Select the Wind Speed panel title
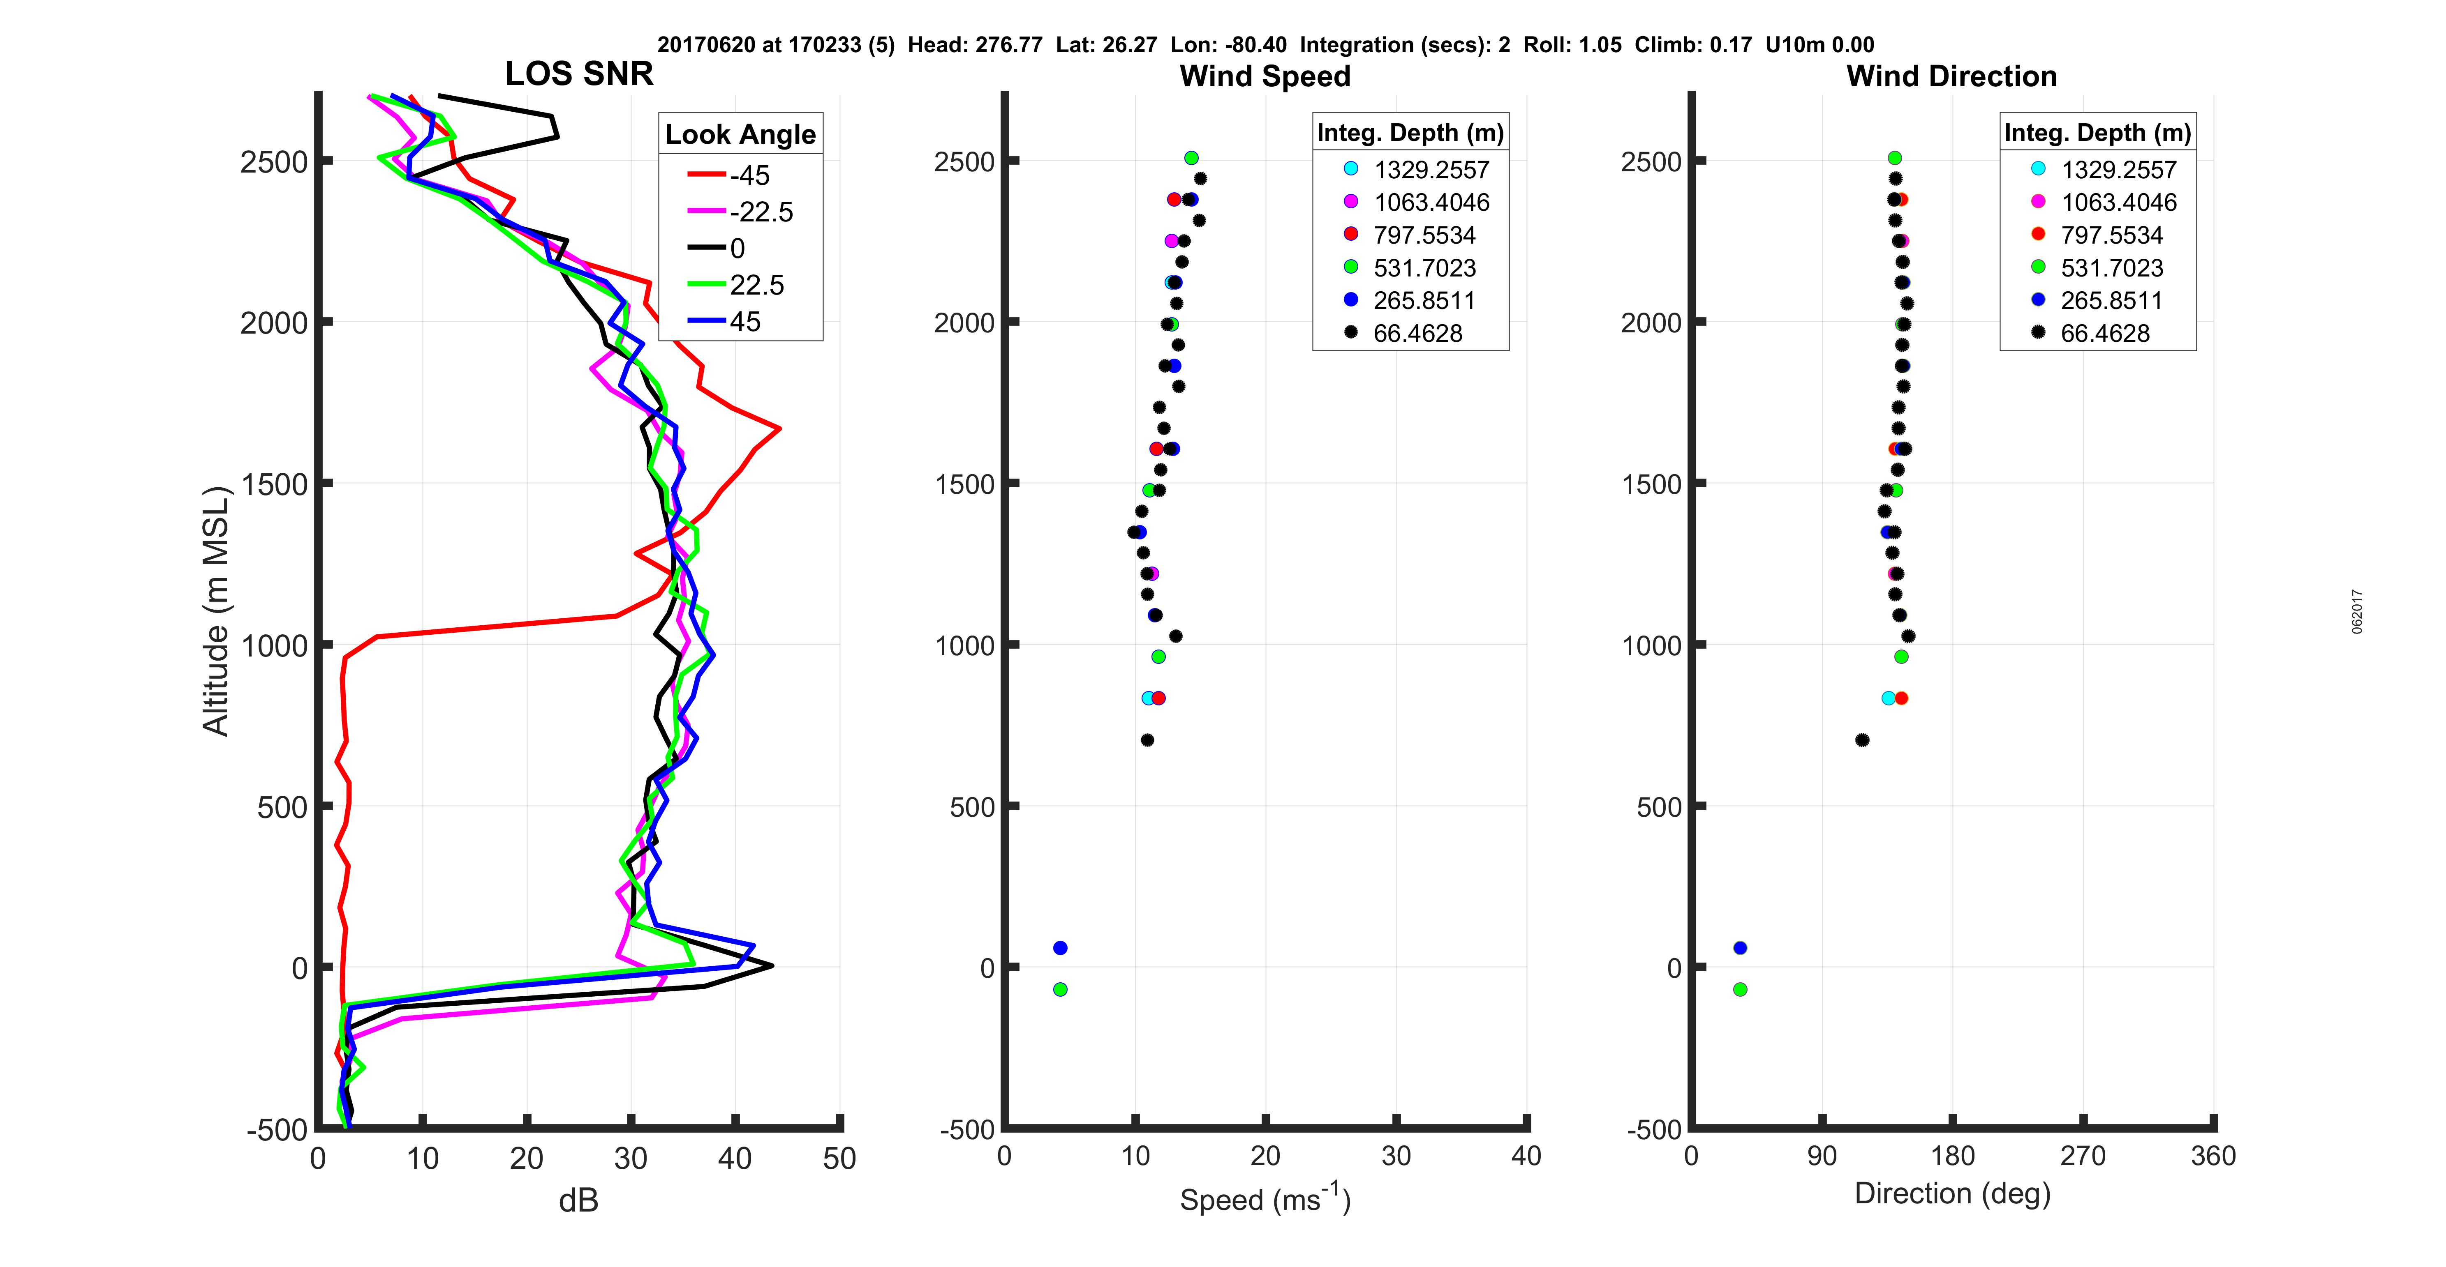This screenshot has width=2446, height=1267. pos(1265,76)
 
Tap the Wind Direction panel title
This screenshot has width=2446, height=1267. pos(1951,76)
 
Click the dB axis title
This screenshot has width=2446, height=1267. pos(578,1200)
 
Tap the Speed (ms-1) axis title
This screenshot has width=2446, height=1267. pos(1265,1199)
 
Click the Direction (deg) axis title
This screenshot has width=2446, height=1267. pos(1952,1193)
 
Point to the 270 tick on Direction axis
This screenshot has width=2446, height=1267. pos(2082,1156)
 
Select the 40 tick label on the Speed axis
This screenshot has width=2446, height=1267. pos(1526,1156)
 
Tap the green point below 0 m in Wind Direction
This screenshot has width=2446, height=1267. pos(1740,989)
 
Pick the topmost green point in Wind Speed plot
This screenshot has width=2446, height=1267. pos(1191,157)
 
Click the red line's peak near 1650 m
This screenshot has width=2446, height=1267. pos(779,429)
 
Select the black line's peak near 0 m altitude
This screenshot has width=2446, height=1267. pos(772,966)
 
